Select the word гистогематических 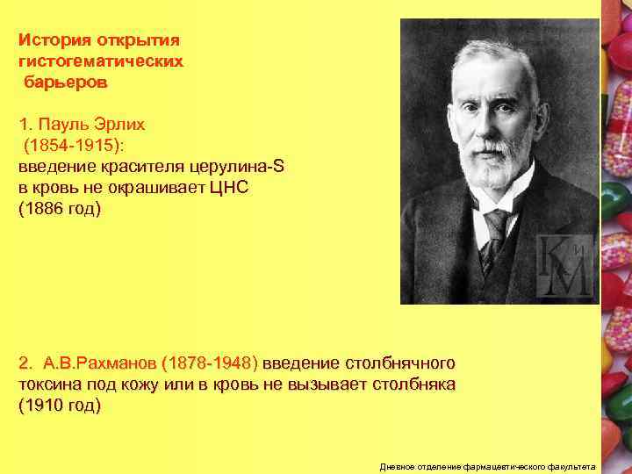tap(101, 62)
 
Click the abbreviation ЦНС tap(235, 188)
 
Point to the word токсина tap(50, 384)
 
